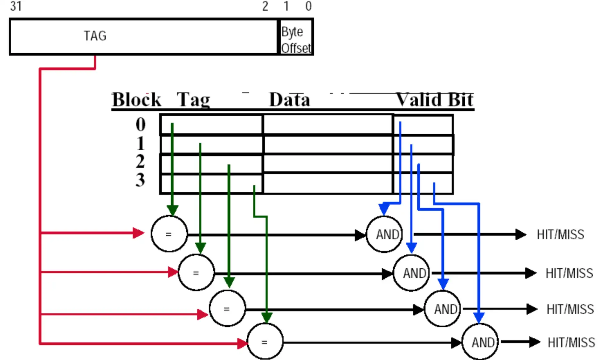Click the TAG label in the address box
pyautogui.click(x=95, y=36)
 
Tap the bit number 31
pyautogui.click(x=16, y=6)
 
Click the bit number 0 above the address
pyautogui.click(x=308, y=6)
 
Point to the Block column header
pyautogui.click(x=136, y=100)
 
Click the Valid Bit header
pyautogui.click(x=434, y=100)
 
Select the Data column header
pyautogui.click(x=289, y=100)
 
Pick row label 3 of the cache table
pyautogui.click(x=140, y=180)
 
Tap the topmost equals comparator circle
pyautogui.click(x=169, y=234)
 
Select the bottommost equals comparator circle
pyautogui.click(x=265, y=342)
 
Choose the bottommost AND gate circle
pyautogui.click(x=480, y=342)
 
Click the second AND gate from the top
pyautogui.click(x=412, y=273)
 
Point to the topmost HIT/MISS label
pyautogui.click(x=560, y=235)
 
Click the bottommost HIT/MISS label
pyautogui.click(x=571, y=343)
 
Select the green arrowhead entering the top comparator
pyautogui.click(x=172, y=210)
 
